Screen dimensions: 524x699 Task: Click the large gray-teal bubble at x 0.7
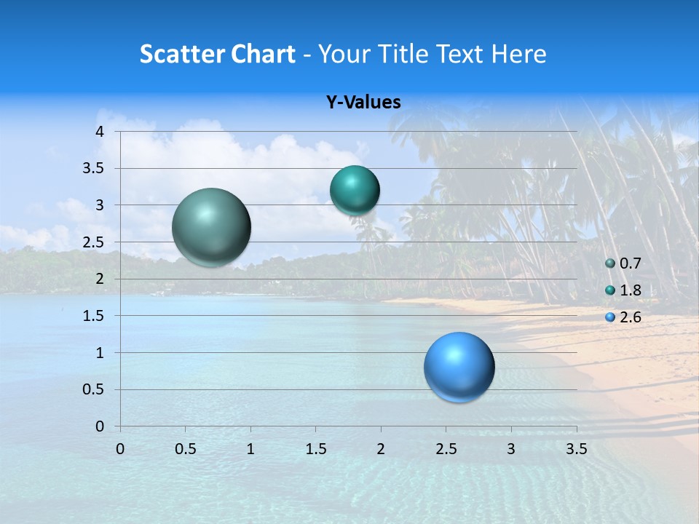[x=212, y=227]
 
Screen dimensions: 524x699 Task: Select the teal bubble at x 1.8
[x=355, y=191]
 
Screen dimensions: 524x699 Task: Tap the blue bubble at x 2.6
[x=459, y=367]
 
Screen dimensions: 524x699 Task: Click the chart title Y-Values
[x=363, y=103]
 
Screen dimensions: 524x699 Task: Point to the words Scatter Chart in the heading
[x=217, y=54]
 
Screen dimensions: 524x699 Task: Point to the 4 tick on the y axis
[x=100, y=132]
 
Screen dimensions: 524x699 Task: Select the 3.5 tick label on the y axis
[x=94, y=169]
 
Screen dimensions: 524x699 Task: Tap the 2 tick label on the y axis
[x=100, y=279]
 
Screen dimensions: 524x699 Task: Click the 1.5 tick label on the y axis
[x=94, y=316]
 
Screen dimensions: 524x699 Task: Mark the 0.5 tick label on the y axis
[x=94, y=389]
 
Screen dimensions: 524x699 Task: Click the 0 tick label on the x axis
[x=120, y=449]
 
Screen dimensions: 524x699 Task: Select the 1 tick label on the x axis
[x=250, y=449]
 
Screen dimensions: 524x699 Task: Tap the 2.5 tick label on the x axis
[x=446, y=449]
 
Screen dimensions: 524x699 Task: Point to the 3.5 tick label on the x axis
[x=576, y=449]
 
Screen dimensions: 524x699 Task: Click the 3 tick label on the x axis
[x=511, y=449]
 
